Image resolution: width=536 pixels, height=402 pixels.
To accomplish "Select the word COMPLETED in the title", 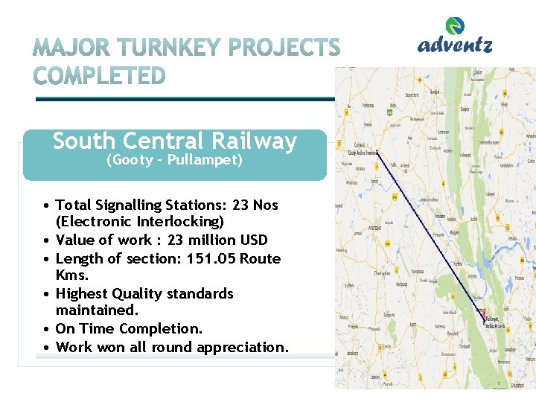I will pyautogui.click(x=100, y=76).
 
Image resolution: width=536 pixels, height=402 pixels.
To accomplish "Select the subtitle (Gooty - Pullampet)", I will pyautogui.click(x=174, y=160).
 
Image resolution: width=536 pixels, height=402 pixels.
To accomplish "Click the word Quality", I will pyautogui.click(x=138, y=294).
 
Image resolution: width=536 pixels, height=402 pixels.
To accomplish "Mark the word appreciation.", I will pyautogui.click(x=242, y=347).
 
